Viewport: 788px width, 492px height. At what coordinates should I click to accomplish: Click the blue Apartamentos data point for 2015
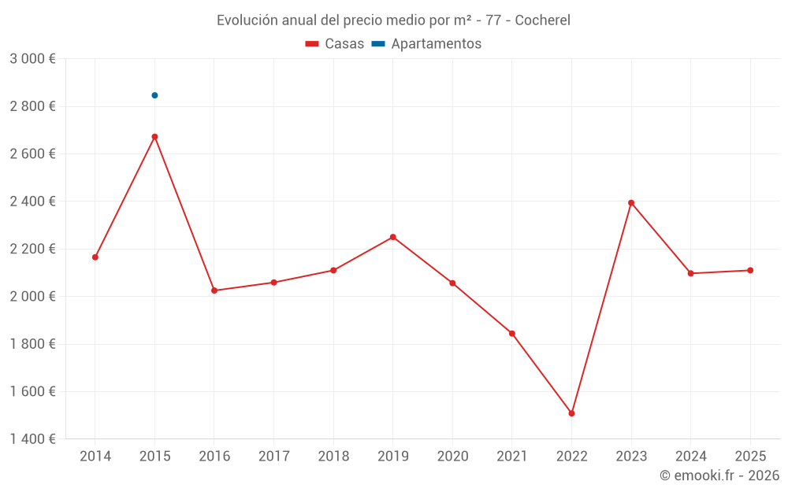[154, 95]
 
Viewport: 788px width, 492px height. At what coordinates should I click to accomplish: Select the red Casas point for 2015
[154, 137]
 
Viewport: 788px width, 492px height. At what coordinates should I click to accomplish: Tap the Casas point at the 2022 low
[571, 413]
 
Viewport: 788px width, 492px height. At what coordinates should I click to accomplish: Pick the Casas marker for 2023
[631, 202]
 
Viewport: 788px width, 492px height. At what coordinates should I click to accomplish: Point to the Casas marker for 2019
[392, 237]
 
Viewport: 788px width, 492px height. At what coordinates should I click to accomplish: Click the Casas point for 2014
[95, 257]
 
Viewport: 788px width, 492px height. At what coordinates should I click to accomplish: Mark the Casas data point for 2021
[512, 334]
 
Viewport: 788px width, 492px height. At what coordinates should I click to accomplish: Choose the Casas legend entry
[335, 44]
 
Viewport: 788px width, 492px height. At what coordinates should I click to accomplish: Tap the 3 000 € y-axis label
[32, 59]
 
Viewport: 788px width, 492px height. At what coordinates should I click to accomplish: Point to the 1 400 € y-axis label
[32, 439]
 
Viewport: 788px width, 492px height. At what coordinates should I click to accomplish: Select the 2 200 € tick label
[32, 249]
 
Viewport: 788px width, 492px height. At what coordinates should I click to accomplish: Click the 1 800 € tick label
[32, 344]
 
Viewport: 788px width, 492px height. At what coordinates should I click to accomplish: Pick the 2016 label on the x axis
[214, 457]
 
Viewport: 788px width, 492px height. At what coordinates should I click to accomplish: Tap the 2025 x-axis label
[750, 457]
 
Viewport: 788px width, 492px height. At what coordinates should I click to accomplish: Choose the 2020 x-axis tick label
[452, 457]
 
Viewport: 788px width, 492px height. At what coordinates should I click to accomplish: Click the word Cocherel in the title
[542, 20]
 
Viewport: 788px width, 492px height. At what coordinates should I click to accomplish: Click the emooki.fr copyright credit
[719, 475]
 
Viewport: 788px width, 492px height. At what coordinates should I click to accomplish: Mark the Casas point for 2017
[273, 283]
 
